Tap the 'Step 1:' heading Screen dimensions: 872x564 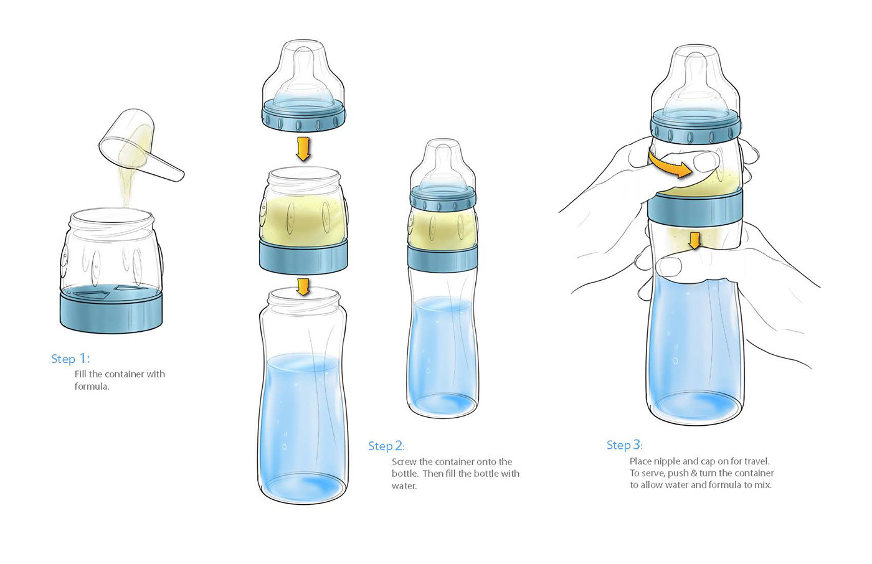pyautogui.click(x=70, y=359)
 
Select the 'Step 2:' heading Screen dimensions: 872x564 pyautogui.click(x=387, y=446)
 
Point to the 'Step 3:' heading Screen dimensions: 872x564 pyautogui.click(x=624, y=445)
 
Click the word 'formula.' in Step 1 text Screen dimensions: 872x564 pyautogui.click(x=92, y=386)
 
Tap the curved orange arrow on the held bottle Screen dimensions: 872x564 pyautogui.click(x=670, y=165)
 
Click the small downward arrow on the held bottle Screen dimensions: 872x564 pyautogui.click(x=694, y=241)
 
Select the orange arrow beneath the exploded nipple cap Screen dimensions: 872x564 pyautogui.click(x=303, y=149)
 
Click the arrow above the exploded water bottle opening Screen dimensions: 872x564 pyautogui.click(x=303, y=287)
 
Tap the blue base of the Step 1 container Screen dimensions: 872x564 pyautogui.click(x=111, y=311)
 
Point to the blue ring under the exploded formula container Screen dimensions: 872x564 pyautogui.click(x=303, y=256)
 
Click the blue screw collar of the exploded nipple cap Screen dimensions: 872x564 pyautogui.click(x=303, y=116)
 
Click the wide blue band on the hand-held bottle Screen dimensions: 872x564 pyautogui.click(x=695, y=210)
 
